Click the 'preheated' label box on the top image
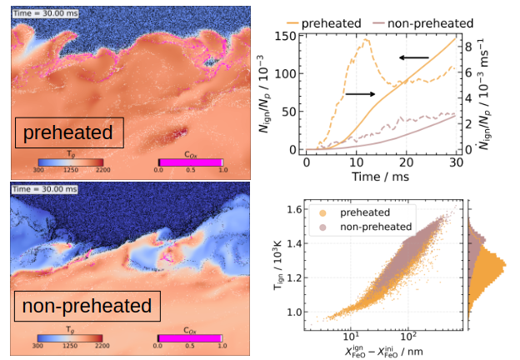click(68, 132)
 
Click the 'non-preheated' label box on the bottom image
click(86, 306)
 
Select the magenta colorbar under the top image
click(189, 160)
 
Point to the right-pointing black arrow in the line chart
click(359, 94)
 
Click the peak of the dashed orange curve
click(362, 40)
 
